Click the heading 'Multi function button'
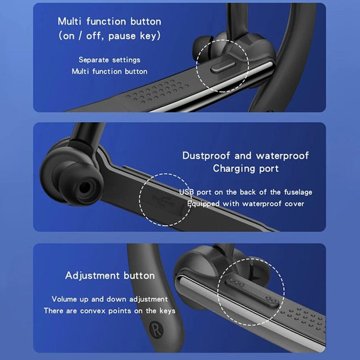(x=109, y=22)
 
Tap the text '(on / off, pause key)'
(x=109, y=36)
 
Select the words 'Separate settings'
(x=109, y=60)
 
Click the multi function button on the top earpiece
(x=222, y=68)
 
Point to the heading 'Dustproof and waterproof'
(x=246, y=156)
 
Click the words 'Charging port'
(x=246, y=168)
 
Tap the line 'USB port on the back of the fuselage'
(x=246, y=192)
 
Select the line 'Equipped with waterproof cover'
(x=246, y=204)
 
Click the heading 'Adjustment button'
(x=110, y=276)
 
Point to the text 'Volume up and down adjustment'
(x=110, y=299)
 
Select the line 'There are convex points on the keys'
(x=110, y=311)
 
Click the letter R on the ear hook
(x=155, y=328)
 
